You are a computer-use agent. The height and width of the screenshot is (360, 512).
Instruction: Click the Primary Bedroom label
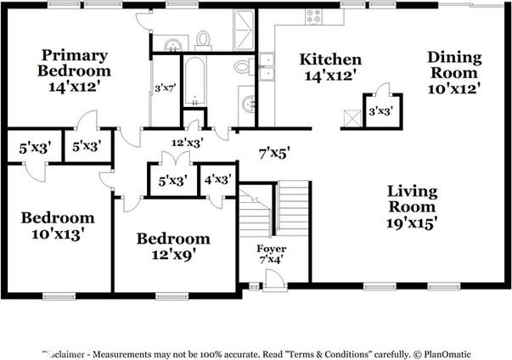[74, 63]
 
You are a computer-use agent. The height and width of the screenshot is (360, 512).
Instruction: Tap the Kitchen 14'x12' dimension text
[329, 76]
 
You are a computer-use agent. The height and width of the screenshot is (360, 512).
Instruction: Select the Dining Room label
[454, 65]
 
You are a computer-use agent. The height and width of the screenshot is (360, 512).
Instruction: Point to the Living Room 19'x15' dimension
[412, 223]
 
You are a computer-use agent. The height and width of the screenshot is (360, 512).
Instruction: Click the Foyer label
[272, 249]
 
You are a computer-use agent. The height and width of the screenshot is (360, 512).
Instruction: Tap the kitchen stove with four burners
[313, 17]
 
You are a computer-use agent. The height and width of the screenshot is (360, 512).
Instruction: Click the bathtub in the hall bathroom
[194, 81]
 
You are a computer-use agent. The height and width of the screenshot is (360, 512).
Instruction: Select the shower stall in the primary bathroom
[244, 30]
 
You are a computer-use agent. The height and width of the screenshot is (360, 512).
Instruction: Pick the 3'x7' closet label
[166, 88]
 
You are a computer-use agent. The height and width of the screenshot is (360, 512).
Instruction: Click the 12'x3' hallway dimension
[188, 143]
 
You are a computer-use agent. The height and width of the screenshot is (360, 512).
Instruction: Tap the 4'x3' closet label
[218, 179]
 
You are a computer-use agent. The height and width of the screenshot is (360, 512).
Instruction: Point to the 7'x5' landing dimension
[274, 153]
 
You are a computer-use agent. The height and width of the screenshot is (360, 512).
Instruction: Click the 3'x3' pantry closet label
[380, 111]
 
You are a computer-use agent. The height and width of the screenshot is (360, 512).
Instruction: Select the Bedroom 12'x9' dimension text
[173, 255]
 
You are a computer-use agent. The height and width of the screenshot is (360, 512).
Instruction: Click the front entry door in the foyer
[274, 279]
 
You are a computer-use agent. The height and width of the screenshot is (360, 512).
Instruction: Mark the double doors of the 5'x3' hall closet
[176, 158]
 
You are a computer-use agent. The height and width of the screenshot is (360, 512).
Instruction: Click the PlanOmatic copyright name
[447, 354]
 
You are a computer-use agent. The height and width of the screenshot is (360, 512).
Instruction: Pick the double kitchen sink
[267, 66]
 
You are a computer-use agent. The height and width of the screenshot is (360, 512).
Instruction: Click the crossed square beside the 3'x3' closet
[352, 117]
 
